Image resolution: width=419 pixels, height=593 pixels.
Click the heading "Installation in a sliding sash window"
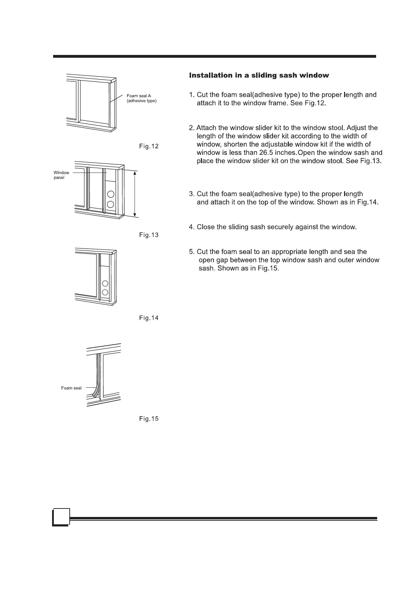pyautogui.click(x=259, y=75)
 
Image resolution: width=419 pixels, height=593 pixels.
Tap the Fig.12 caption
pyautogui.click(x=149, y=146)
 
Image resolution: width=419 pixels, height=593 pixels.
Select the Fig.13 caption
pyautogui.click(x=149, y=235)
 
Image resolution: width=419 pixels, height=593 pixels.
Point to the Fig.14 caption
pyautogui.click(x=149, y=318)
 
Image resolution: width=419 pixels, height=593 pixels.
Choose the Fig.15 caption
pyautogui.click(x=149, y=419)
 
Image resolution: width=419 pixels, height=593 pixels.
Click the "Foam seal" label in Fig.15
pyautogui.click(x=71, y=388)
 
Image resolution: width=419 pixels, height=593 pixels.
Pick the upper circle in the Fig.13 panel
pyautogui.click(x=111, y=194)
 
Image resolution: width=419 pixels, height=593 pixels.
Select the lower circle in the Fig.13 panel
pyautogui.click(x=111, y=204)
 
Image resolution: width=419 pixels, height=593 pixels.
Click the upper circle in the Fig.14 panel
pyautogui.click(x=105, y=284)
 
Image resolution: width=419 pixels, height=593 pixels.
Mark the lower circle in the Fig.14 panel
pyautogui.click(x=105, y=292)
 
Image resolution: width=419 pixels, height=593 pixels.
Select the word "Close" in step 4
pyautogui.click(x=206, y=227)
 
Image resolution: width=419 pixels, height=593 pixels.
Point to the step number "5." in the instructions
pyautogui.click(x=192, y=252)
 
